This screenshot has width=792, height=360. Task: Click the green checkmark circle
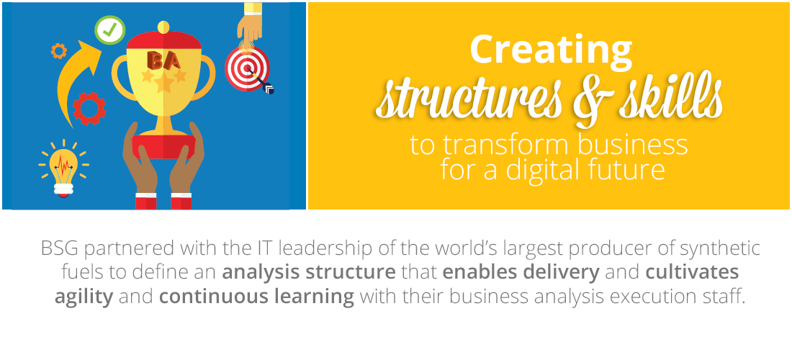[x=109, y=30]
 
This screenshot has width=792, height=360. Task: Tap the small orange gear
[x=59, y=50]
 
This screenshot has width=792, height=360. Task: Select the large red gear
[x=89, y=108]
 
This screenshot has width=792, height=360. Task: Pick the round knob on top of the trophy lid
[x=163, y=27]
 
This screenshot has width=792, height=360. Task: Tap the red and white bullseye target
[x=247, y=68]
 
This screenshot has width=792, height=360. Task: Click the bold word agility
[x=84, y=297]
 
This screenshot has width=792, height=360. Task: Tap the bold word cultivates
[x=692, y=273]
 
